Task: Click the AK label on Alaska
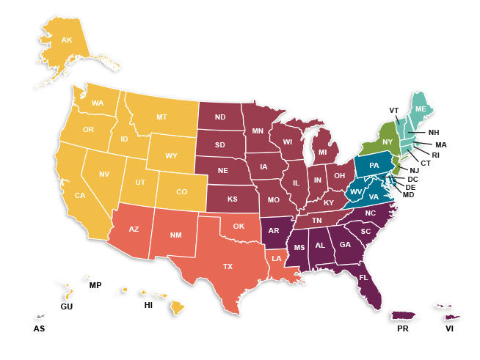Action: [x=67, y=40]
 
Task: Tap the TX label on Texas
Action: [x=228, y=267]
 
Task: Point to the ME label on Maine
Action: [x=421, y=109]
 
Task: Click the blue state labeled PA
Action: [x=374, y=166]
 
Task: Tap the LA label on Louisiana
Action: [x=278, y=259]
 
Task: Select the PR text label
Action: [x=402, y=329]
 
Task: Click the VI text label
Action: [x=450, y=329]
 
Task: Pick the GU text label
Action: [x=67, y=306]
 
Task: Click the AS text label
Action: [x=39, y=329]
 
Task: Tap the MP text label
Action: [x=95, y=284]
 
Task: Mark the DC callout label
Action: [x=413, y=179]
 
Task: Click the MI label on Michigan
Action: [x=321, y=153]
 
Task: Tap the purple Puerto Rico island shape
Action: [x=402, y=315]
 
